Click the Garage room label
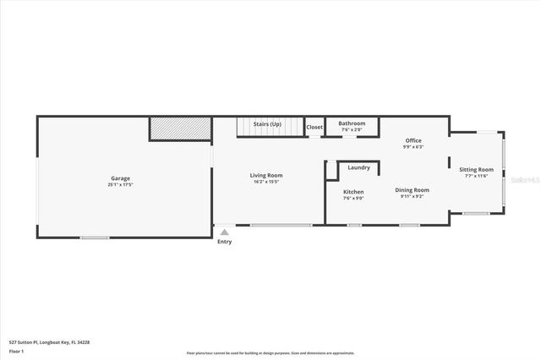tap(120, 178)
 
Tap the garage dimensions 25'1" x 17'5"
tap(120, 184)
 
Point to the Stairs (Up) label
tap(268, 123)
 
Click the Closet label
tap(314, 127)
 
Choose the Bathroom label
tap(352, 123)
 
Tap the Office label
tap(413, 140)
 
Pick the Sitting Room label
tap(476, 169)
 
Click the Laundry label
tap(358, 167)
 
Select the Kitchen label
tap(353, 192)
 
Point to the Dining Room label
tap(413, 190)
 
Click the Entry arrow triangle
tap(224, 231)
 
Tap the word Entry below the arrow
tap(224, 242)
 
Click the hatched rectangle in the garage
tap(180, 128)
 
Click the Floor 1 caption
tap(16, 351)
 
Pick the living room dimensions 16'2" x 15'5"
tap(266, 182)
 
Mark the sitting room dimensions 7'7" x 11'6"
tap(476, 176)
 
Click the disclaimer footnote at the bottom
tap(270, 352)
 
